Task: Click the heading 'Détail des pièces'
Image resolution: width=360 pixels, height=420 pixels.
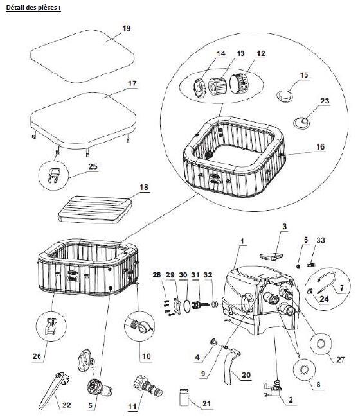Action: pos(32,8)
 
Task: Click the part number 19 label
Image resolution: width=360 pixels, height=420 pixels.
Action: pos(126,28)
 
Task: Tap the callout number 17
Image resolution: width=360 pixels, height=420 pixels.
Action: pos(132,83)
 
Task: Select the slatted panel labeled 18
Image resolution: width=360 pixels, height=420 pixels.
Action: pos(95,209)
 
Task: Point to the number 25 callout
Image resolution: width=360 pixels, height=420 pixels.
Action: pos(93,166)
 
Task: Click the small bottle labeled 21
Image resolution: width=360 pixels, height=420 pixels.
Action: pos(184,398)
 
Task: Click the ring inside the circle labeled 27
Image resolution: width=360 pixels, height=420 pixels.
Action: pos(321,344)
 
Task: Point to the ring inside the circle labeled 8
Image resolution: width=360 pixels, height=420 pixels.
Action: pos(305,370)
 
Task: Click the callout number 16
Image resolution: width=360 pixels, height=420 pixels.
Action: pos(320,147)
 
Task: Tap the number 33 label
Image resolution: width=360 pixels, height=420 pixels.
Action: pos(321,240)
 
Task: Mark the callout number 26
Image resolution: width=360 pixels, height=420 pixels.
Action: pos(37,356)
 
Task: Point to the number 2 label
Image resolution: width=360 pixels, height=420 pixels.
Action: pos(291,400)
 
